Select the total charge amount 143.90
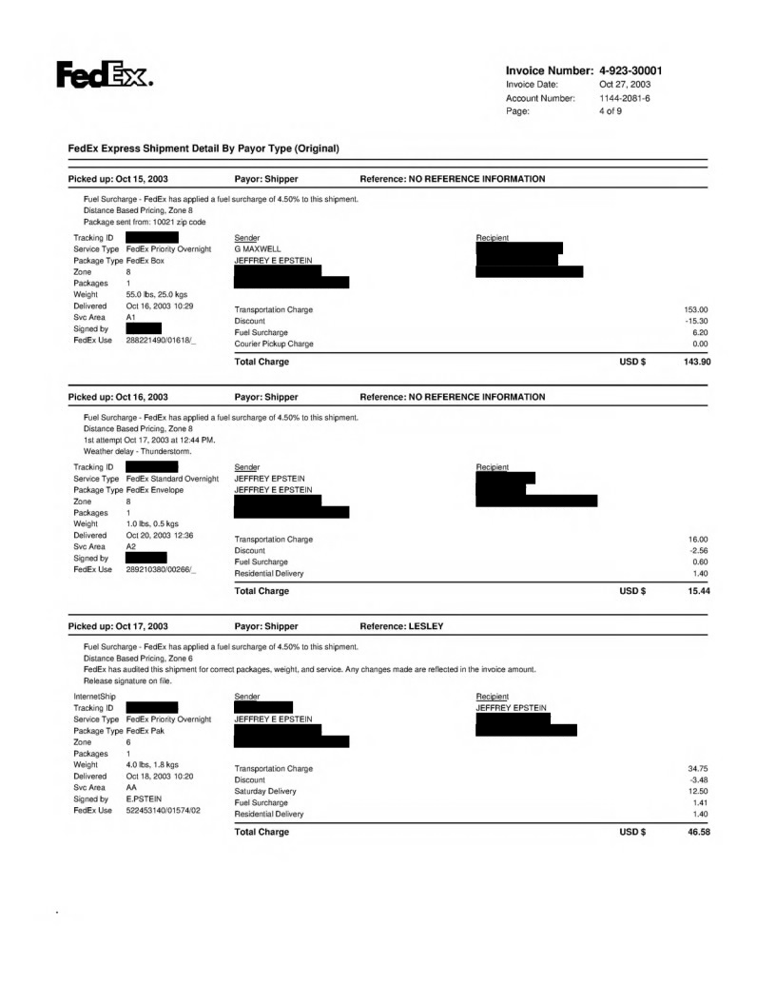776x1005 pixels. click(x=696, y=362)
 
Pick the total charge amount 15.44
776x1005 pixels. click(x=699, y=591)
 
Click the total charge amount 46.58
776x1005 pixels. click(x=699, y=833)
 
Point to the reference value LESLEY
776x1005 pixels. click(x=427, y=626)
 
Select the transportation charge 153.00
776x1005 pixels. click(x=698, y=309)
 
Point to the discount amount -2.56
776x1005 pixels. click(x=700, y=550)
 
